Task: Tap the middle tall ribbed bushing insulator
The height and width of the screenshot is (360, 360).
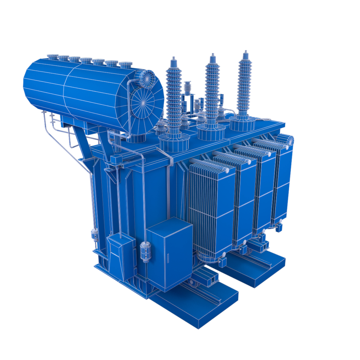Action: tap(211, 90)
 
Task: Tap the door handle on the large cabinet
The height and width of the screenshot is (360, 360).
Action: tap(166, 260)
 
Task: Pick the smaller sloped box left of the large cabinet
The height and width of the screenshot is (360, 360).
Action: tap(121, 256)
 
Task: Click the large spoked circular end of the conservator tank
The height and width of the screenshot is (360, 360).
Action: tap(145, 103)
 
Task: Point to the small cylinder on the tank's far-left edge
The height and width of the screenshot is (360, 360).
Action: tap(94, 234)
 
